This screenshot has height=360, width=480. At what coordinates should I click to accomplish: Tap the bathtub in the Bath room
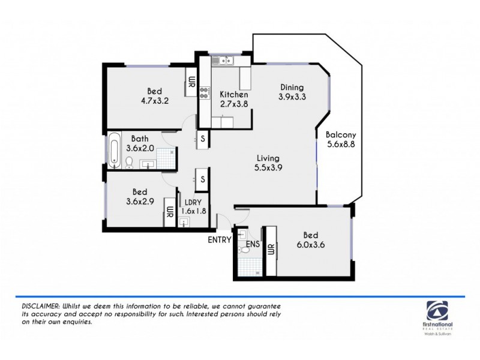click(114, 148)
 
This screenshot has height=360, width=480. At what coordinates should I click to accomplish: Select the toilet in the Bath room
click(130, 162)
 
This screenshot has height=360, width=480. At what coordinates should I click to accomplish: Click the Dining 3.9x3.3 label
click(291, 92)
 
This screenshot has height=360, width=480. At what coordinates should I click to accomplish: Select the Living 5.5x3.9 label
click(268, 163)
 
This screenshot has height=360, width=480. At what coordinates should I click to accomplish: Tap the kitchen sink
click(226, 60)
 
